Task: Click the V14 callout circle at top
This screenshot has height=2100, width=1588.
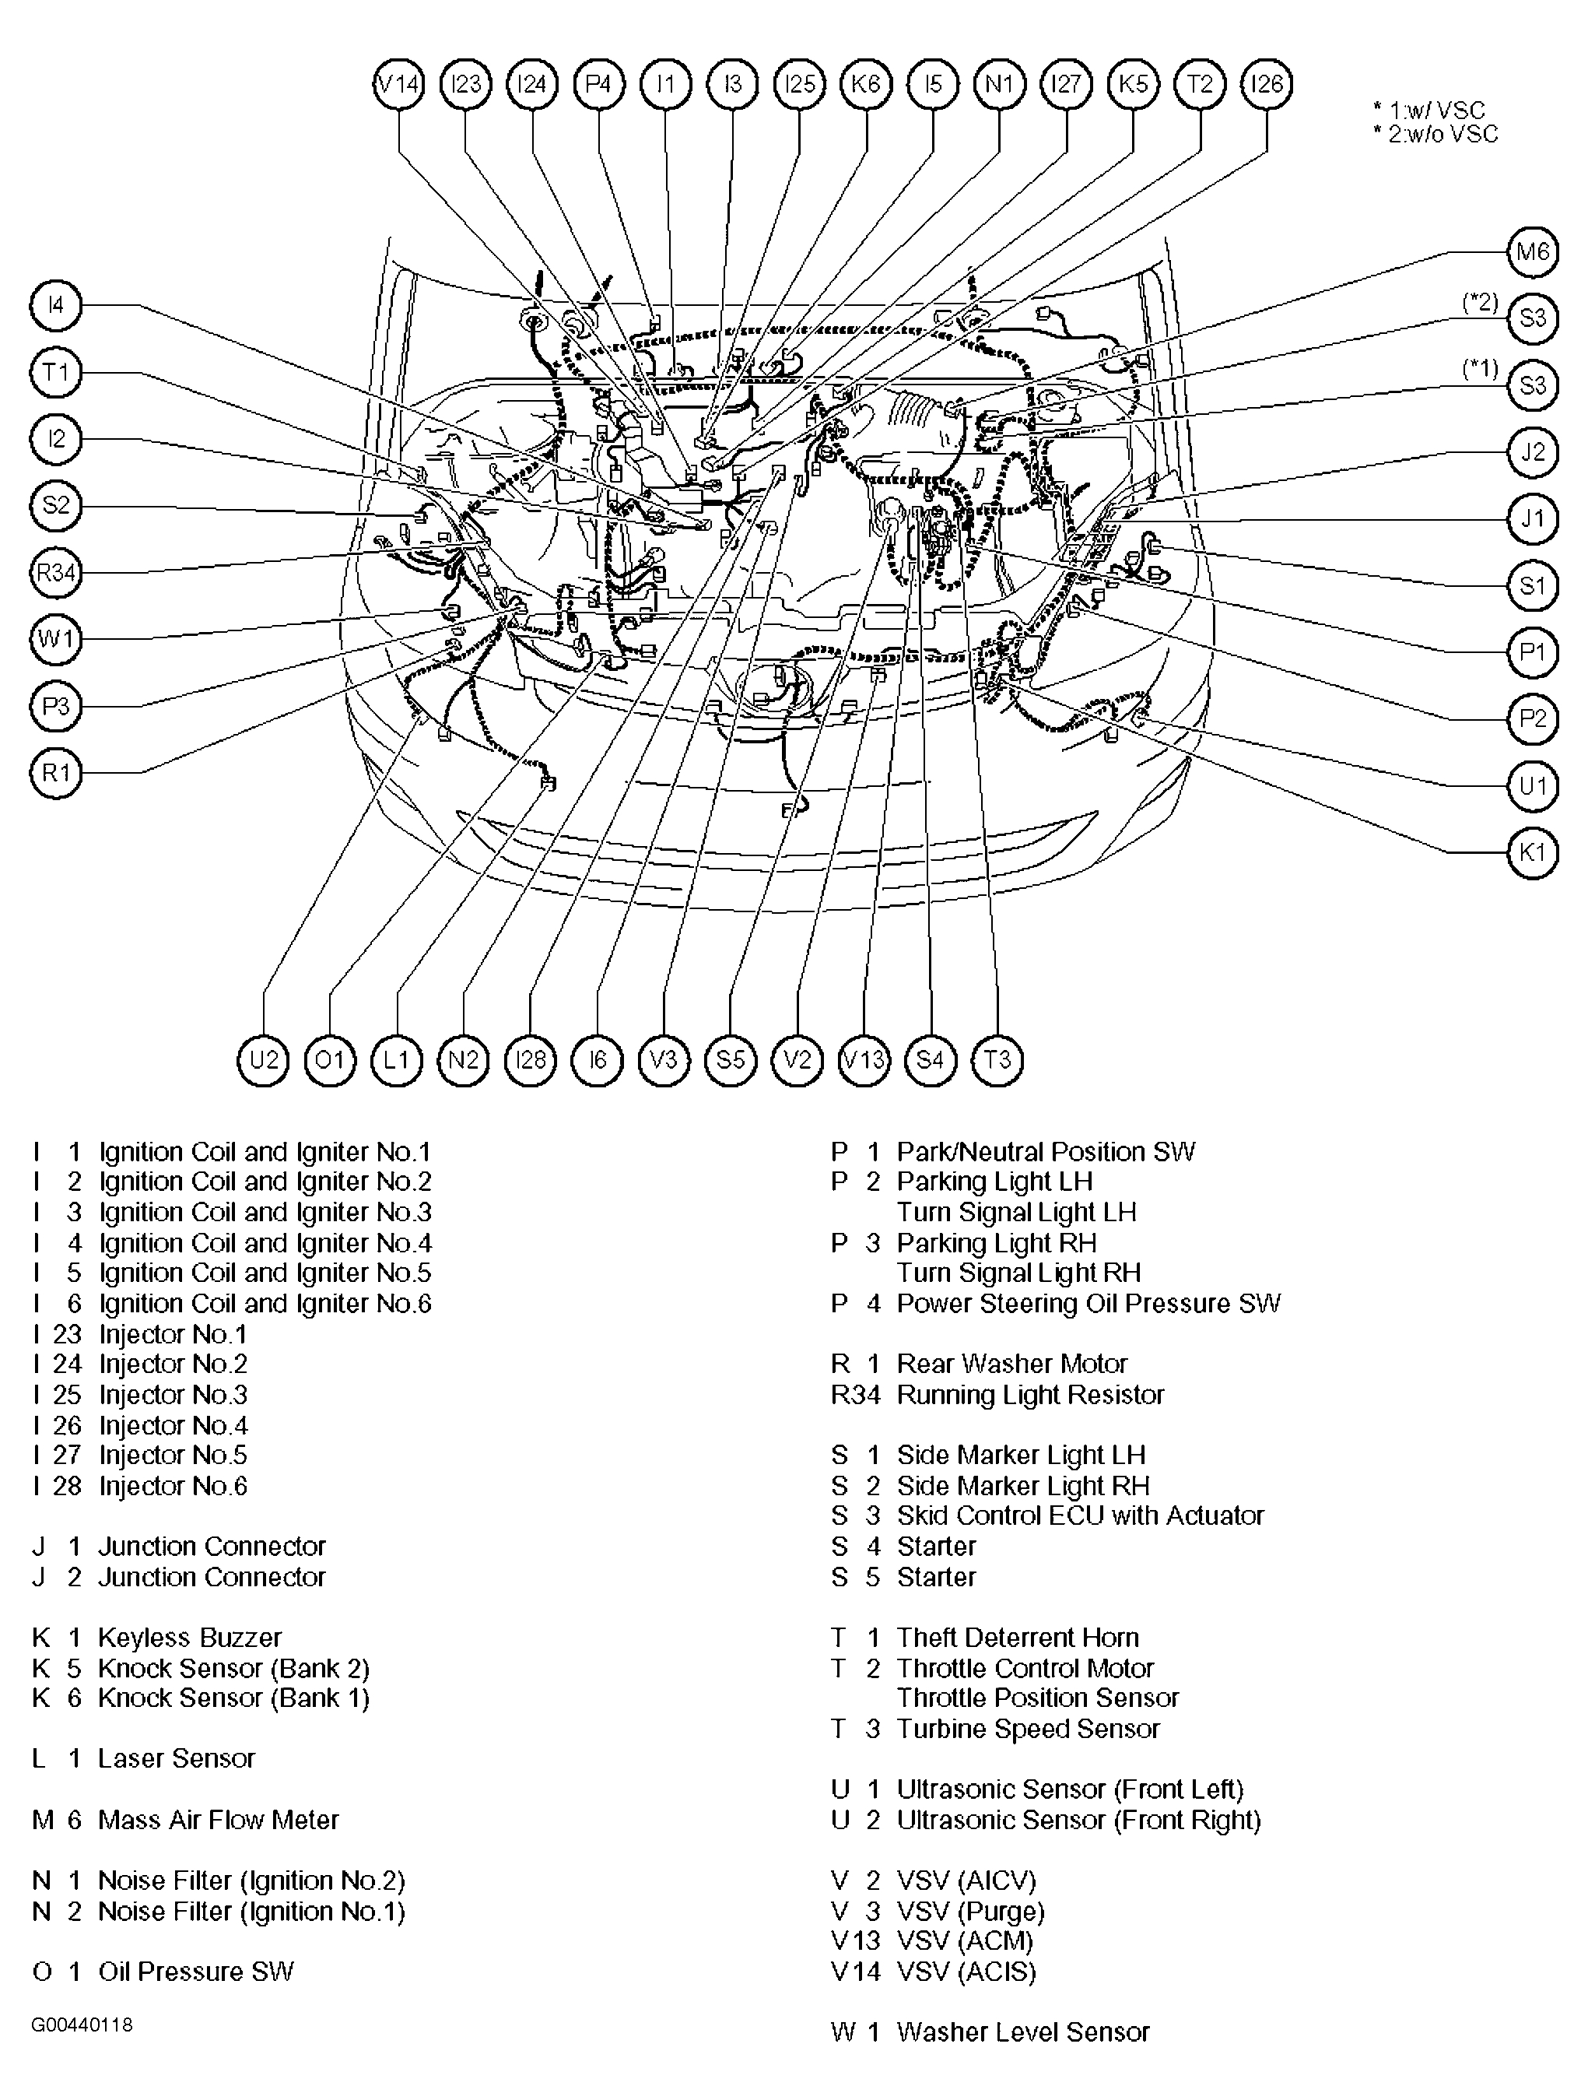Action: coord(398,85)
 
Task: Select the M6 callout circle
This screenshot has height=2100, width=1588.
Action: coord(1533,251)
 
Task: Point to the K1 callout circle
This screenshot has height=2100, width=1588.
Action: coord(1533,852)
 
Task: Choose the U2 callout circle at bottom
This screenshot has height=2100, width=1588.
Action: coord(263,1059)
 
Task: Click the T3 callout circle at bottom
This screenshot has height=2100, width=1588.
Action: coord(997,1059)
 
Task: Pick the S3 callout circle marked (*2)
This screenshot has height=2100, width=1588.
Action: coord(1533,318)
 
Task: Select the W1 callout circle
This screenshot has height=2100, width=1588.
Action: coord(56,639)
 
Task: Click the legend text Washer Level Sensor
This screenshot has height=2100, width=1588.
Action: coord(1022,2032)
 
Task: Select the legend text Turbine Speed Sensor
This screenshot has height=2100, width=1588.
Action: coord(1028,1729)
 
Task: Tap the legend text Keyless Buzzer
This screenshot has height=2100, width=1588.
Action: coord(190,1638)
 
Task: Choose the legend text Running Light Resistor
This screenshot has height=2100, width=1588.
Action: coord(1030,1395)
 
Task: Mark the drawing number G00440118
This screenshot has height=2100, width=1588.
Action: coord(82,2025)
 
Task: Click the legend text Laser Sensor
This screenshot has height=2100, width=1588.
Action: coord(177,1758)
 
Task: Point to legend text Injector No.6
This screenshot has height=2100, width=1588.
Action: coord(173,1486)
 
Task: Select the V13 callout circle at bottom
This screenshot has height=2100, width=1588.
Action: coord(864,1059)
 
